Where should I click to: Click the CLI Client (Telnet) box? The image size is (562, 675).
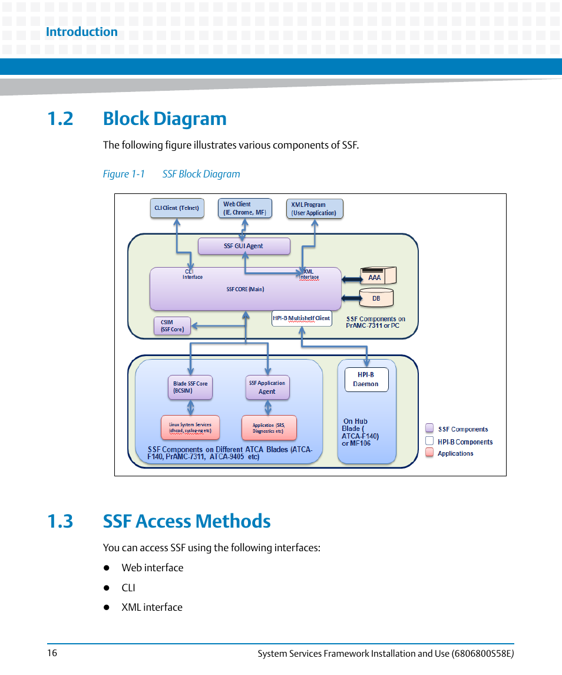click(x=177, y=208)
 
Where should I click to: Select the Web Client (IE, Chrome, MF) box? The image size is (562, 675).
click(x=244, y=208)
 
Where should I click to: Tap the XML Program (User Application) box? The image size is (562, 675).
click(x=314, y=209)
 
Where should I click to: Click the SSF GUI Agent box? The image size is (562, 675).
click(x=244, y=246)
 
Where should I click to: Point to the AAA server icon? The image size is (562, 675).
click(x=378, y=276)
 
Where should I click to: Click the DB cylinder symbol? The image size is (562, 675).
click(x=376, y=298)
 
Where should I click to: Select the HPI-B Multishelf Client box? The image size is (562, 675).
click(x=302, y=318)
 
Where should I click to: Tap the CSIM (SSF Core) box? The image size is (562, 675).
click(x=171, y=326)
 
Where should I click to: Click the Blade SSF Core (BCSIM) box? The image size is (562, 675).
click(x=190, y=387)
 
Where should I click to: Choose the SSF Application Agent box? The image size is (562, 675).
click(x=267, y=387)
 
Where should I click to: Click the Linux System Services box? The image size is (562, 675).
click(x=190, y=427)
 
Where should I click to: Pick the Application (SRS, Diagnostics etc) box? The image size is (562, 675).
click(x=268, y=427)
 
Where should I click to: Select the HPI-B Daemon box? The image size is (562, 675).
click(x=366, y=379)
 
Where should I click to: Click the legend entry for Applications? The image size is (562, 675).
click(x=455, y=453)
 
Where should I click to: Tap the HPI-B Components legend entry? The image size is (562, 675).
click(x=464, y=442)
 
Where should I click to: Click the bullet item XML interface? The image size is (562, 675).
click(x=151, y=607)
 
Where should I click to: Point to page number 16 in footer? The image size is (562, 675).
click(x=52, y=653)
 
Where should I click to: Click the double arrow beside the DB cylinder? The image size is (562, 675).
click(x=352, y=298)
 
